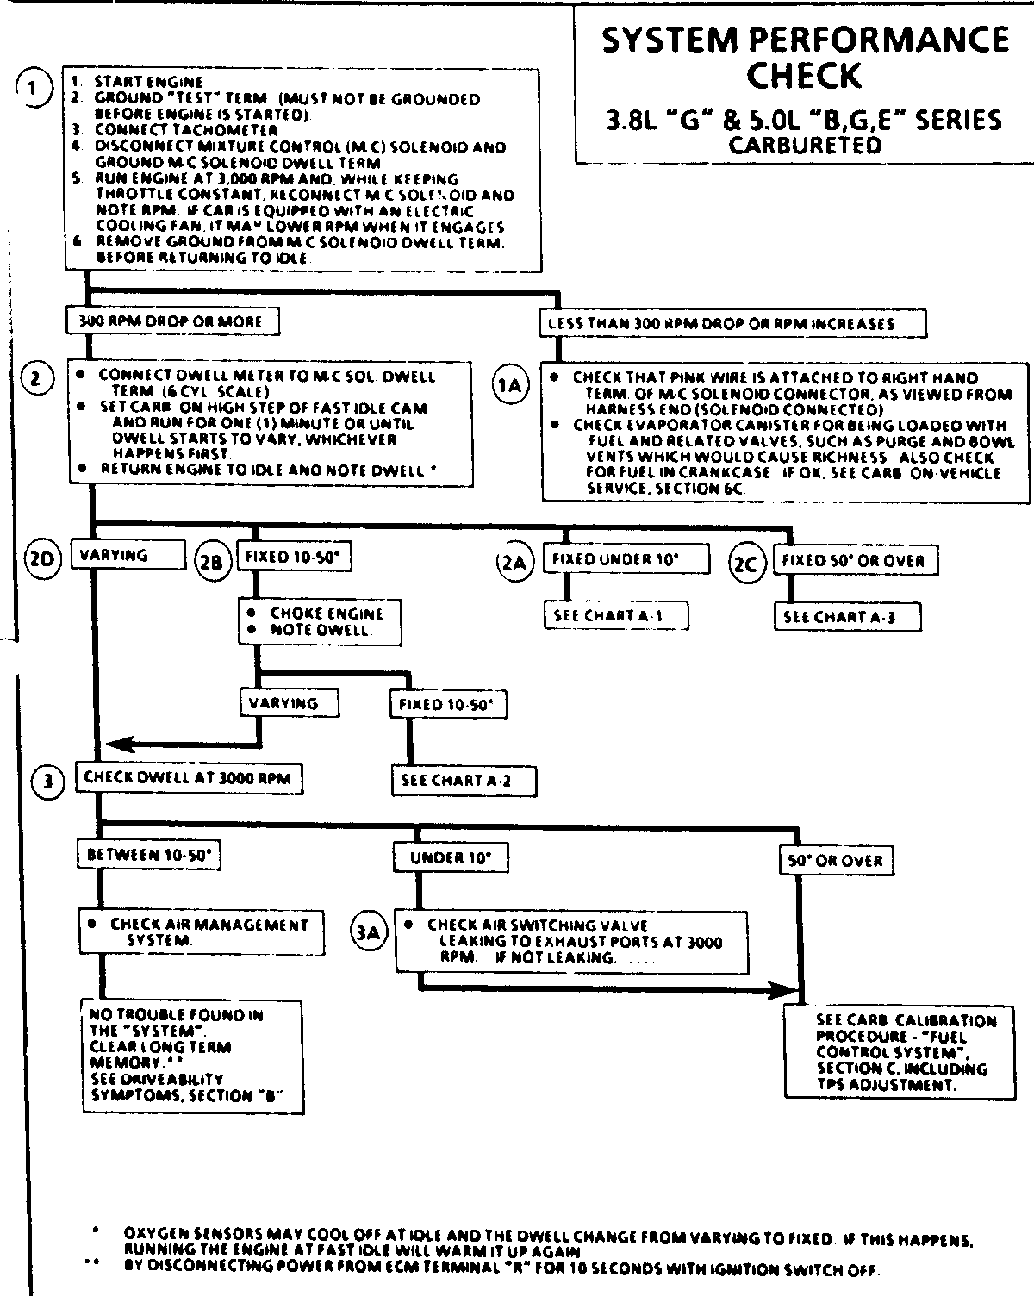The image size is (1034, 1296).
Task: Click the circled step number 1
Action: [x=34, y=88]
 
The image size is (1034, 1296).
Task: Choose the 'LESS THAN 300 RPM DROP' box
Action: [x=732, y=324]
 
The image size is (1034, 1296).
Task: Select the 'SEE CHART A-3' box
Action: [x=846, y=617]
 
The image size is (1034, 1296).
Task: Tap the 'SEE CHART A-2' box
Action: [x=464, y=781]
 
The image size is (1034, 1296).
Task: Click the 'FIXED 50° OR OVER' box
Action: [x=854, y=561]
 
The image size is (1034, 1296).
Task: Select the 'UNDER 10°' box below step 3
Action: [x=450, y=857]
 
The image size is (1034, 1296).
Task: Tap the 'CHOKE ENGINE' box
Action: [x=320, y=621]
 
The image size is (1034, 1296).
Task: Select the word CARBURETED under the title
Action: [x=805, y=146]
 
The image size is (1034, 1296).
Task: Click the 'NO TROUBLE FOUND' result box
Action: [x=191, y=1056]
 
